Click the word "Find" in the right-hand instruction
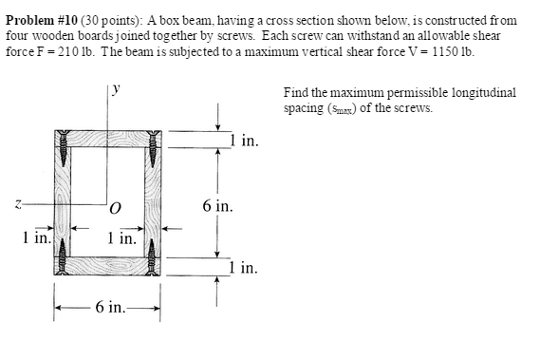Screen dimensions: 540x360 [x=294, y=94]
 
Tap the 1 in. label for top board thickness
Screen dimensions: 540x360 [x=244, y=142]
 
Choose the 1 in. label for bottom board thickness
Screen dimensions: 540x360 [x=244, y=269]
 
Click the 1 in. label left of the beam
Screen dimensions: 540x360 [x=35, y=238]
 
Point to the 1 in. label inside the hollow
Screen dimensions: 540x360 [x=121, y=238]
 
